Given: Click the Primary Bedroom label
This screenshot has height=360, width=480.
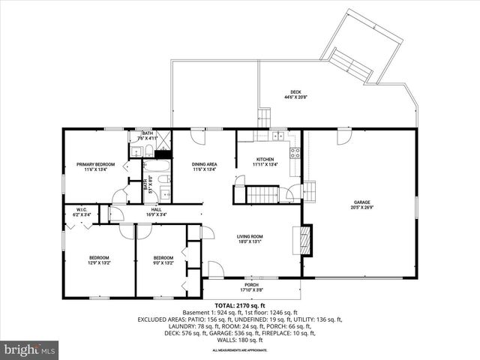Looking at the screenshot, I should pos(95,164).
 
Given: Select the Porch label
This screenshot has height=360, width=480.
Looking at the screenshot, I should pos(251,284).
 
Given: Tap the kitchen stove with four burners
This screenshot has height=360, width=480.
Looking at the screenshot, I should pos(295,154).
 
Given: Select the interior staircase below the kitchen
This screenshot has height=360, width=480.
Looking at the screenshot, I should pos(263,195).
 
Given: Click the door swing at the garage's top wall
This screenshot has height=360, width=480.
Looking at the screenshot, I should pos(343,136).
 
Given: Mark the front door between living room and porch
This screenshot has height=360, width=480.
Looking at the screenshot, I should pos(215,268).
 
